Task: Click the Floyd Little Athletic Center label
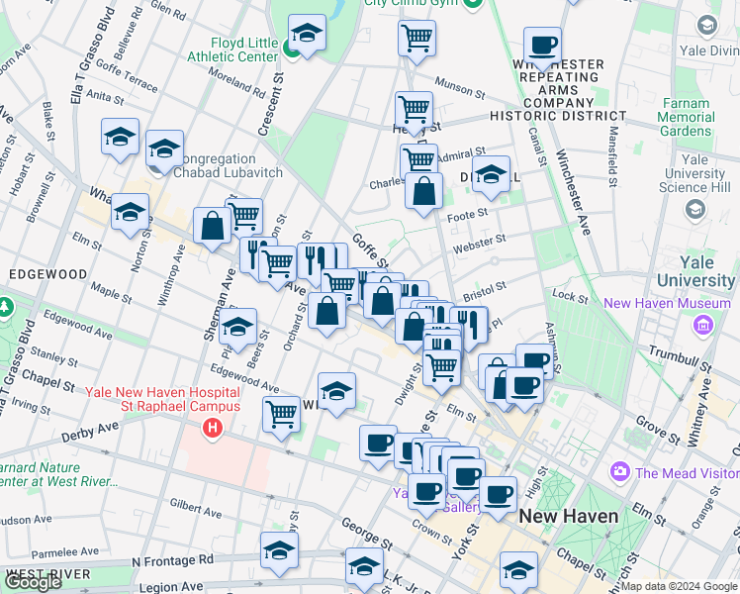pyautogui.click(x=243, y=50)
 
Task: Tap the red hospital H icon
pyautogui.click(x=211, y=429)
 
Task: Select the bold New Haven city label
pyautogui.click(x=568, y=516)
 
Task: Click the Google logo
pyautogui.click(x=33, y=581)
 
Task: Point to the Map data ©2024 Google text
pyautogui.click(x=679, y=586)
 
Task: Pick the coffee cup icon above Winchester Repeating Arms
pyautogui.click(x=542, y=45)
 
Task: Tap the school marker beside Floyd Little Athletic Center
pyautogui.click(x=308, y=35)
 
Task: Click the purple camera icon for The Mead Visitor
pyautogui.click(x=620, y=472)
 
